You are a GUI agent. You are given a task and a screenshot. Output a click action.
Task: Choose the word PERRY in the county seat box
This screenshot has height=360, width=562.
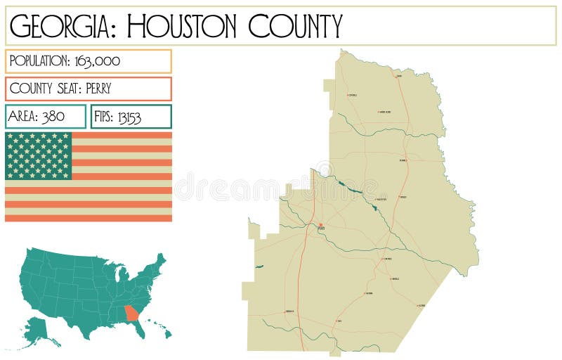coord(95,89)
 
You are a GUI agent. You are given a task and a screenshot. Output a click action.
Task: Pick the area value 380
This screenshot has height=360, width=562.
coord(53,117)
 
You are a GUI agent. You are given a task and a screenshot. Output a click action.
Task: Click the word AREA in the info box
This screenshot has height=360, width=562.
coord(23,117)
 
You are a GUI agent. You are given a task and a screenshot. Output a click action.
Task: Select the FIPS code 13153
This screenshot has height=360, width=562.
coord(129,117)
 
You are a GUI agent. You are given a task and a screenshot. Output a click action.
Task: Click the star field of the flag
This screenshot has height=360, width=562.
coord(39,155)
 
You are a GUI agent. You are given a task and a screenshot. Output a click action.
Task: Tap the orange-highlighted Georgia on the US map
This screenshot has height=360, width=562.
coord(131,312)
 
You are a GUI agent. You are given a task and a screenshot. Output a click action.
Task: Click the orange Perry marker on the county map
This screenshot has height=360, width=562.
coord(320,225)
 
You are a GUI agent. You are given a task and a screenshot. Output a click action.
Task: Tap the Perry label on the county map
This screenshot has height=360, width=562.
coord(322,229)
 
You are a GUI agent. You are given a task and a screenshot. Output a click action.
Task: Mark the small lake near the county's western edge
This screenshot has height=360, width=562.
coord(259,266)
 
